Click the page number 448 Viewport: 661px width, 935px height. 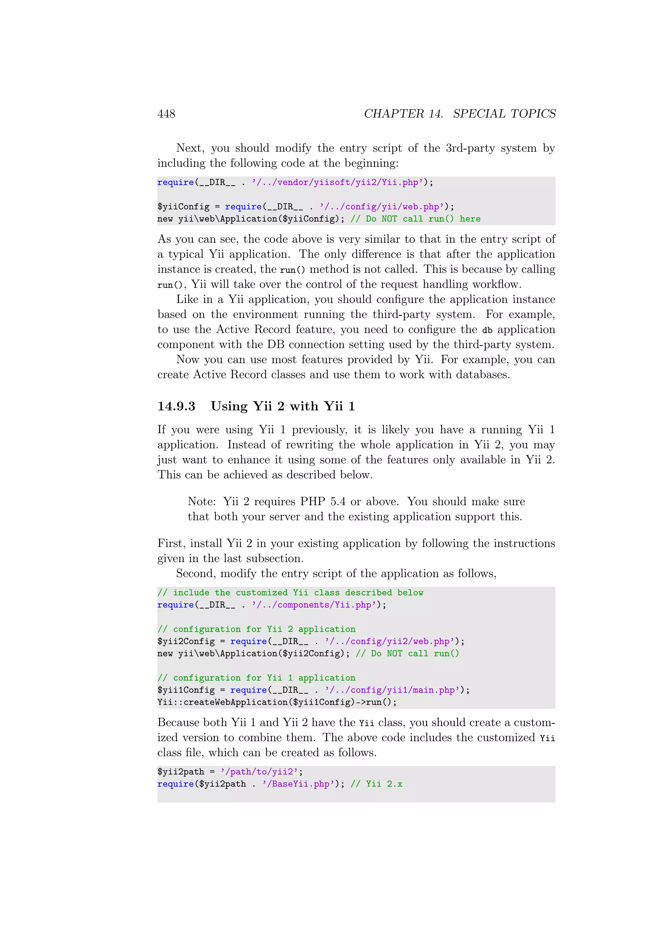(x=166, y=114)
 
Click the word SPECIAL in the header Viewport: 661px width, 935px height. (x=478, y=114)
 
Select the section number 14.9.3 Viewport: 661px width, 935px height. (x=176, y=406)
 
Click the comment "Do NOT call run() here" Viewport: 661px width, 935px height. (x=415, y=219)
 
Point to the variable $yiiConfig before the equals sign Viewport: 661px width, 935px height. (x=183, y=207)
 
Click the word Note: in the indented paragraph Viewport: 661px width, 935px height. (x=201, y=501)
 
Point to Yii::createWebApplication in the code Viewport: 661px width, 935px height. (x=222, y=703)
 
